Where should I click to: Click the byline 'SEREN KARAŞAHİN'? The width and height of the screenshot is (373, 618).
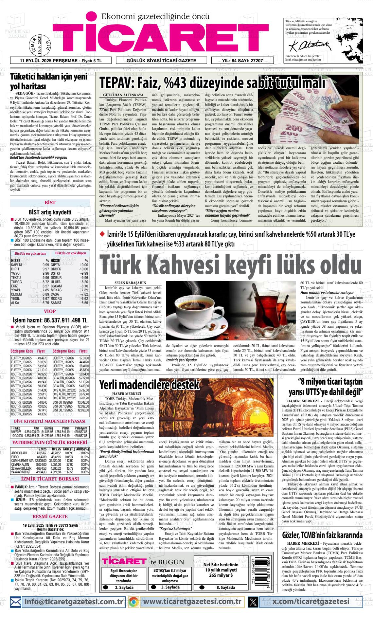[130, 282]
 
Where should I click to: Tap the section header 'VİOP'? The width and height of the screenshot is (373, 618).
[50, 311]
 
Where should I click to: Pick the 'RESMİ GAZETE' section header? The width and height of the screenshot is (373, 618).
[50, 517]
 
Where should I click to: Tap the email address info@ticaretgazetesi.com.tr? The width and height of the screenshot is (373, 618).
[73, 601]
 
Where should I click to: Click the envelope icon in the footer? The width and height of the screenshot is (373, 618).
[16, 602]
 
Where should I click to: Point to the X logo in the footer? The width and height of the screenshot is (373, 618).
[253, 602]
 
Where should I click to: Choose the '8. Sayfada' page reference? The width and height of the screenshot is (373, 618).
[225, 587]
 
